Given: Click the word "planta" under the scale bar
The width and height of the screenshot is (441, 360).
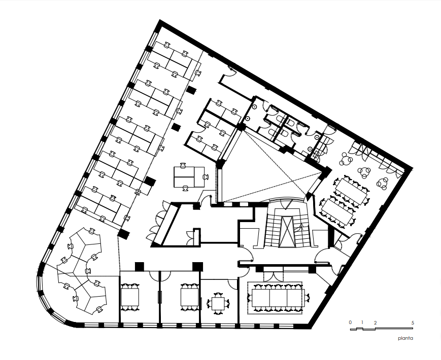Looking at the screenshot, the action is click(x=405, y=338).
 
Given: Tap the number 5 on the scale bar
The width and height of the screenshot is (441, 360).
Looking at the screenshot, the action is click(x=413, y=323).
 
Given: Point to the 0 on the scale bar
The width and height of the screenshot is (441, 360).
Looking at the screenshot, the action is click(x=351, y=322).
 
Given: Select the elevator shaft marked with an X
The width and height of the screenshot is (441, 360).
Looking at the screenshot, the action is click(x=287, y=232).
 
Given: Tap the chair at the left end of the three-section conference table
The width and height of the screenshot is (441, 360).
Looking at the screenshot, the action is click(x=250, y=297).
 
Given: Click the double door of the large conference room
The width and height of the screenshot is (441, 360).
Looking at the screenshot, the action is click(x=273, y=273).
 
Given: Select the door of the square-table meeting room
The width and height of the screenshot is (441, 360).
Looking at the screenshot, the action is click(x=232, y=284).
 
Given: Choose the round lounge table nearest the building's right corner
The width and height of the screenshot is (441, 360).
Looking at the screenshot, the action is click(x=383, y=183).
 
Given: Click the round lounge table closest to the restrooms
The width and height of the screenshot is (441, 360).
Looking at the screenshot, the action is click(x=346, y=160).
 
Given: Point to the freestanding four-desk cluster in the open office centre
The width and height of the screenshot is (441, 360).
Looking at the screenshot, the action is click(x=189, y=176).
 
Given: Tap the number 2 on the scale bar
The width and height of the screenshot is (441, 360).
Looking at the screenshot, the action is click(x=375, y=323).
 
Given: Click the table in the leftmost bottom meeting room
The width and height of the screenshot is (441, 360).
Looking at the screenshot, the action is click(x=129, y=297).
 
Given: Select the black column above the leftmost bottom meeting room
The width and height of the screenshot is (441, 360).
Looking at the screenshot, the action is click(x=139, y=266).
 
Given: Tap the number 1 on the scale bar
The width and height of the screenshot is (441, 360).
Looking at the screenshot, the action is click(x=362, y=322).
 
